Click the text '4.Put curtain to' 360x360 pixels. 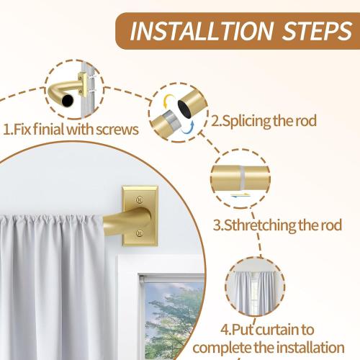click(276, 330)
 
